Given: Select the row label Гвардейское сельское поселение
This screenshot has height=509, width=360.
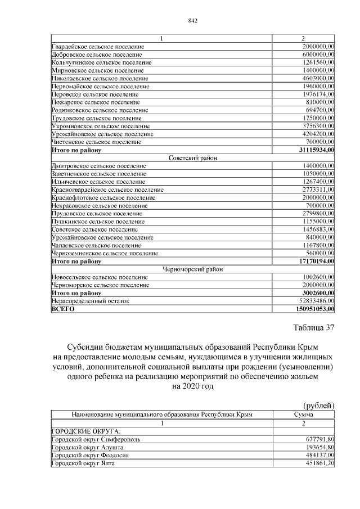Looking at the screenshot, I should pyautogui.click(x=97, y=46).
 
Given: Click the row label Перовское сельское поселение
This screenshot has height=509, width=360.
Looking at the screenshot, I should pyautogui.click(x=95, y=94).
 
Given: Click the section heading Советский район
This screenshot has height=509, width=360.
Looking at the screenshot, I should pyautogui.click(x=192, y=158).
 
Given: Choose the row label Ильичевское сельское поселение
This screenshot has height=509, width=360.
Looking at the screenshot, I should pyautogui.click(x=98, y=182).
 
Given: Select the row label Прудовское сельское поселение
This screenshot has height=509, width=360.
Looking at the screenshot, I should pyautogui.click(x=97, y=214).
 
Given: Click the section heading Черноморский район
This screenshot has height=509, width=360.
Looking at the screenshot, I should pyautogui.click(x=192, y=269).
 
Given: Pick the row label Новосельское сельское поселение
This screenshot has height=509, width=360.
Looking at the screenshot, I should pyautogui.click(x=100, y=277).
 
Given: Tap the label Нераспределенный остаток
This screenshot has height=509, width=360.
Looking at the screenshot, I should pyautogui.click(x=91, y=301).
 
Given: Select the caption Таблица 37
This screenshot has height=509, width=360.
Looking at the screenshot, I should pyautogui.click(x=313, y=328).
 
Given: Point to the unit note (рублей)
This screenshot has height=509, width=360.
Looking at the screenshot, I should pyautogui.click(x=318, y=405).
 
